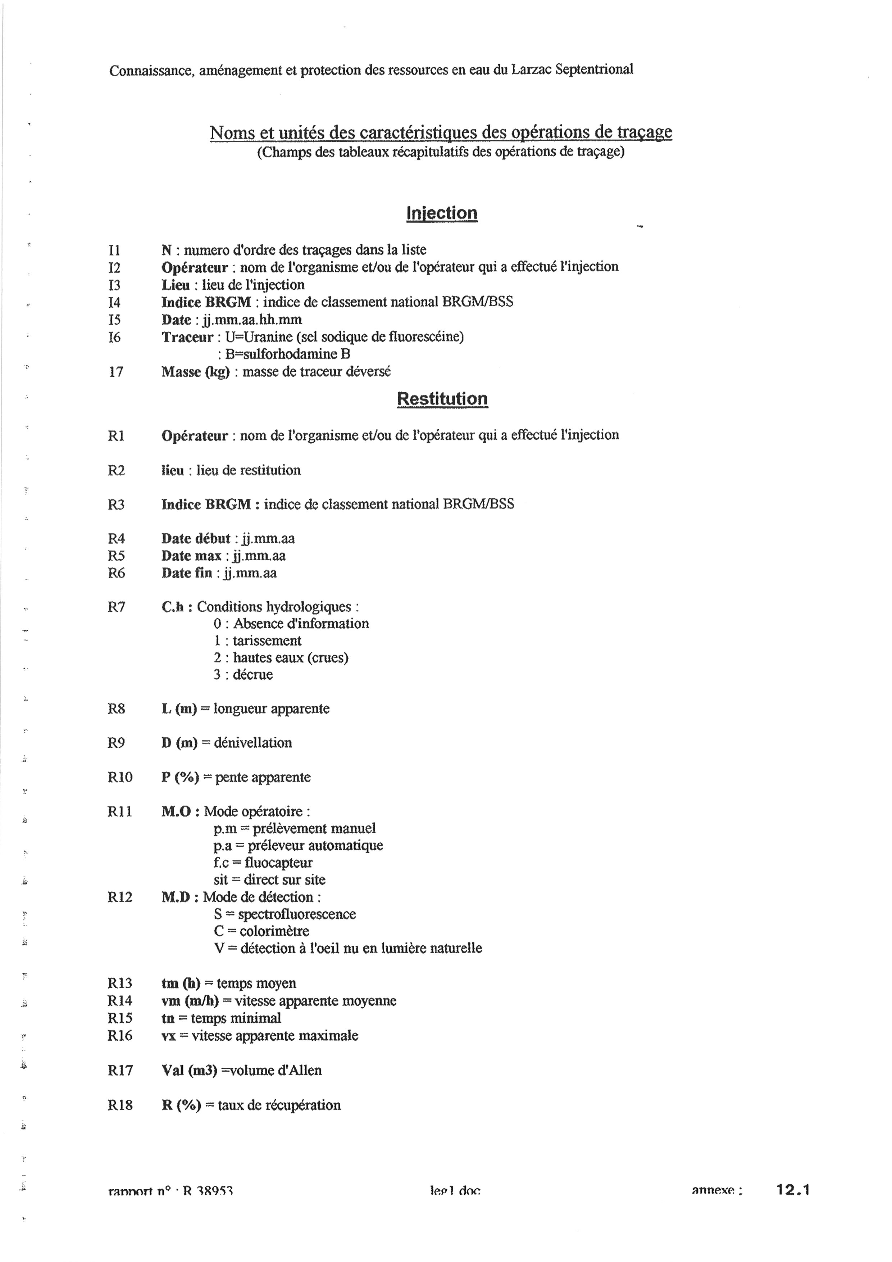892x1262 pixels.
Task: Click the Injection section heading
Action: (442, 213)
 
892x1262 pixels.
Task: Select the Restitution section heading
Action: (442, 399)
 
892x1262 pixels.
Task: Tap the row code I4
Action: (114, 302)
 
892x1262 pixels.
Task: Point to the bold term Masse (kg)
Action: (196, 372)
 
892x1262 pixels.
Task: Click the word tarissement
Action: (267, 641)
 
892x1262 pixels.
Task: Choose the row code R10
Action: (120, 777)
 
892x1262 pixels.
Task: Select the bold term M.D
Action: (175, 897)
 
